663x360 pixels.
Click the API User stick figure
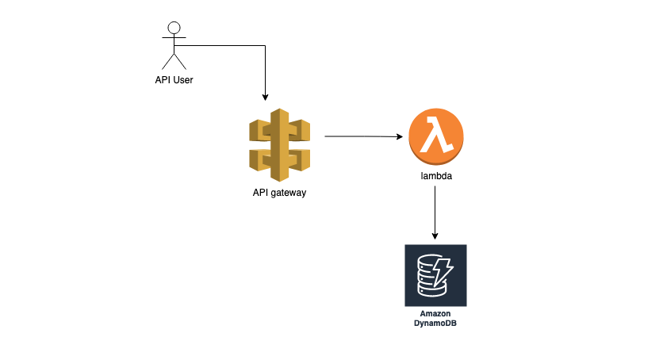click(174, 47)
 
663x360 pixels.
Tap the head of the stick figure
click(174, 29)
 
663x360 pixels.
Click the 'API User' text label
click(174, 79)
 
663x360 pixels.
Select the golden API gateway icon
click(279, 145)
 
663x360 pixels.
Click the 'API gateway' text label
click(279, 193)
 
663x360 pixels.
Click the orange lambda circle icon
click(435, 136)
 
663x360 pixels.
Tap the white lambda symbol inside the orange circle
click(435, 136)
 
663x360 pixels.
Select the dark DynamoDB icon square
click(435, 275)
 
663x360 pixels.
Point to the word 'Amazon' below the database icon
click(435, 314)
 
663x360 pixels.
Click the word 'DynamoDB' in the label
click(435, 324)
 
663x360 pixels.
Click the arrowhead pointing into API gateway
click(265, 98)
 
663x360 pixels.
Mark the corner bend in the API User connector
click(265, 46)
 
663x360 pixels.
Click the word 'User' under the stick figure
click(183, 79)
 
